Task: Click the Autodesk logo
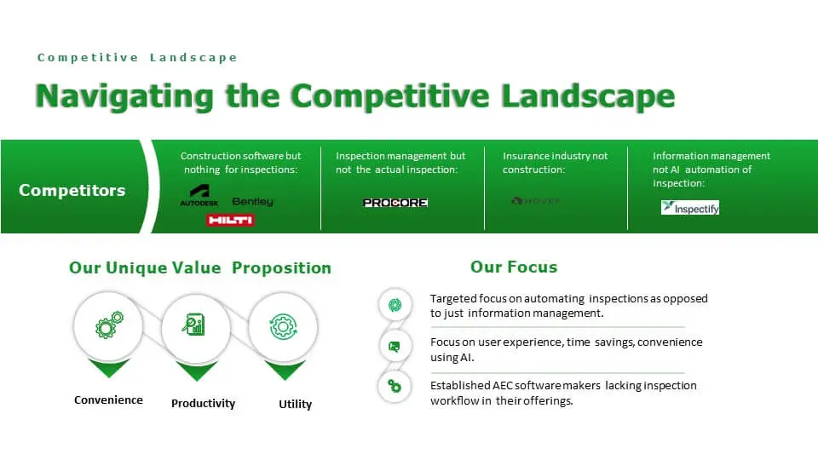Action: coord(199,195)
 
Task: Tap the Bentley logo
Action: coord(253,202)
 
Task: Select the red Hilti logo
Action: coord(229,220)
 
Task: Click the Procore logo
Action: coord(395,203)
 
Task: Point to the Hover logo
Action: coord(536,201)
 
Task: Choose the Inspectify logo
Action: coord(690,207)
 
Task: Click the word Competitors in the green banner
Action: coord(72,190)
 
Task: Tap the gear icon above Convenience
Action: coord(109,325)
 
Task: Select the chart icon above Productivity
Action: coord(195,325)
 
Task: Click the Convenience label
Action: coord(108,400)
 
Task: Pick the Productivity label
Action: coord(203,404)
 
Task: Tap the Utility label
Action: coord(295,404)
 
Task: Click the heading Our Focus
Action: coord(514,267)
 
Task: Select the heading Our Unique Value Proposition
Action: coord(200,267)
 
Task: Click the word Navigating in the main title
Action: coord(123,95)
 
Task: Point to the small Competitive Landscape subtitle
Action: coord(137,58)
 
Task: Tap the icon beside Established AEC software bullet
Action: coord(395,386)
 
